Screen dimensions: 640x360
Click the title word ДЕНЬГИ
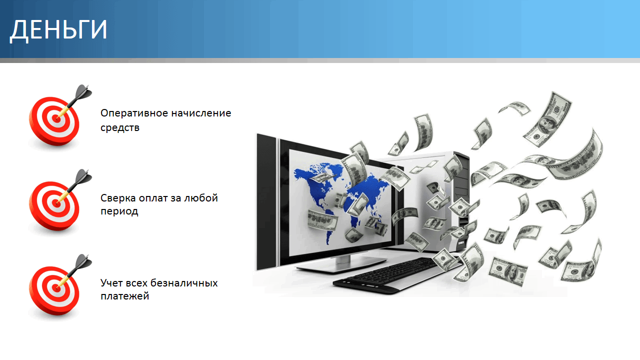[x=58, y=30]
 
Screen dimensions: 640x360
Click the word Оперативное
[x=133, y=113]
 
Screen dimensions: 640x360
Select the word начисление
[x=201, y=113]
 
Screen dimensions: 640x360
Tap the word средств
[x=120, y=127]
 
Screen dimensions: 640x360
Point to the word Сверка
[x=118, y=197]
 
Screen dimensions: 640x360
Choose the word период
[x=119, y=211]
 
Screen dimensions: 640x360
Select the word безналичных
[x=184, y=283]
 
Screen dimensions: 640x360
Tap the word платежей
[x=125, y=296]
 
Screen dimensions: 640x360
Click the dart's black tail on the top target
[x=83, y=92]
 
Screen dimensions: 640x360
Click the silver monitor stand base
[x=341, y=264]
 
